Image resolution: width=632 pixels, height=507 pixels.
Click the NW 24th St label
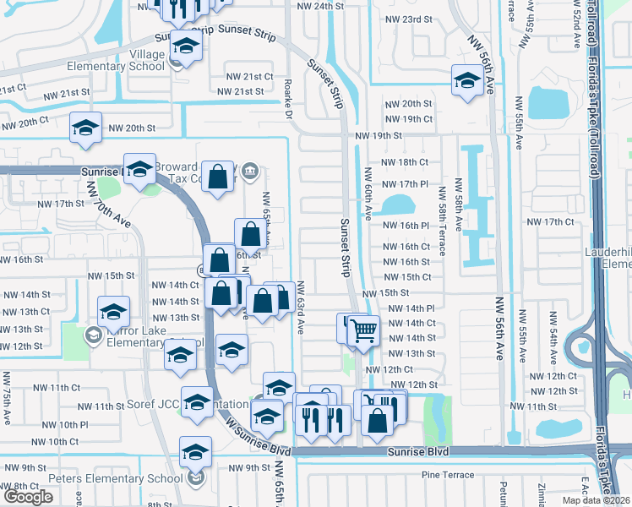point(322,6)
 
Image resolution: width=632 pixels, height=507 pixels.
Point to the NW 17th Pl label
point(406,184)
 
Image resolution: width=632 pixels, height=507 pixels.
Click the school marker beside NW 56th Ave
point(466,80)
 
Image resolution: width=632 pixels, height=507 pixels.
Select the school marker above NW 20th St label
point(84,127)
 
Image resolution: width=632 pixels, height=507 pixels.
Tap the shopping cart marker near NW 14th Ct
point(363,330)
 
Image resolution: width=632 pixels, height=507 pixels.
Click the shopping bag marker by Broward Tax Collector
point(219,177)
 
